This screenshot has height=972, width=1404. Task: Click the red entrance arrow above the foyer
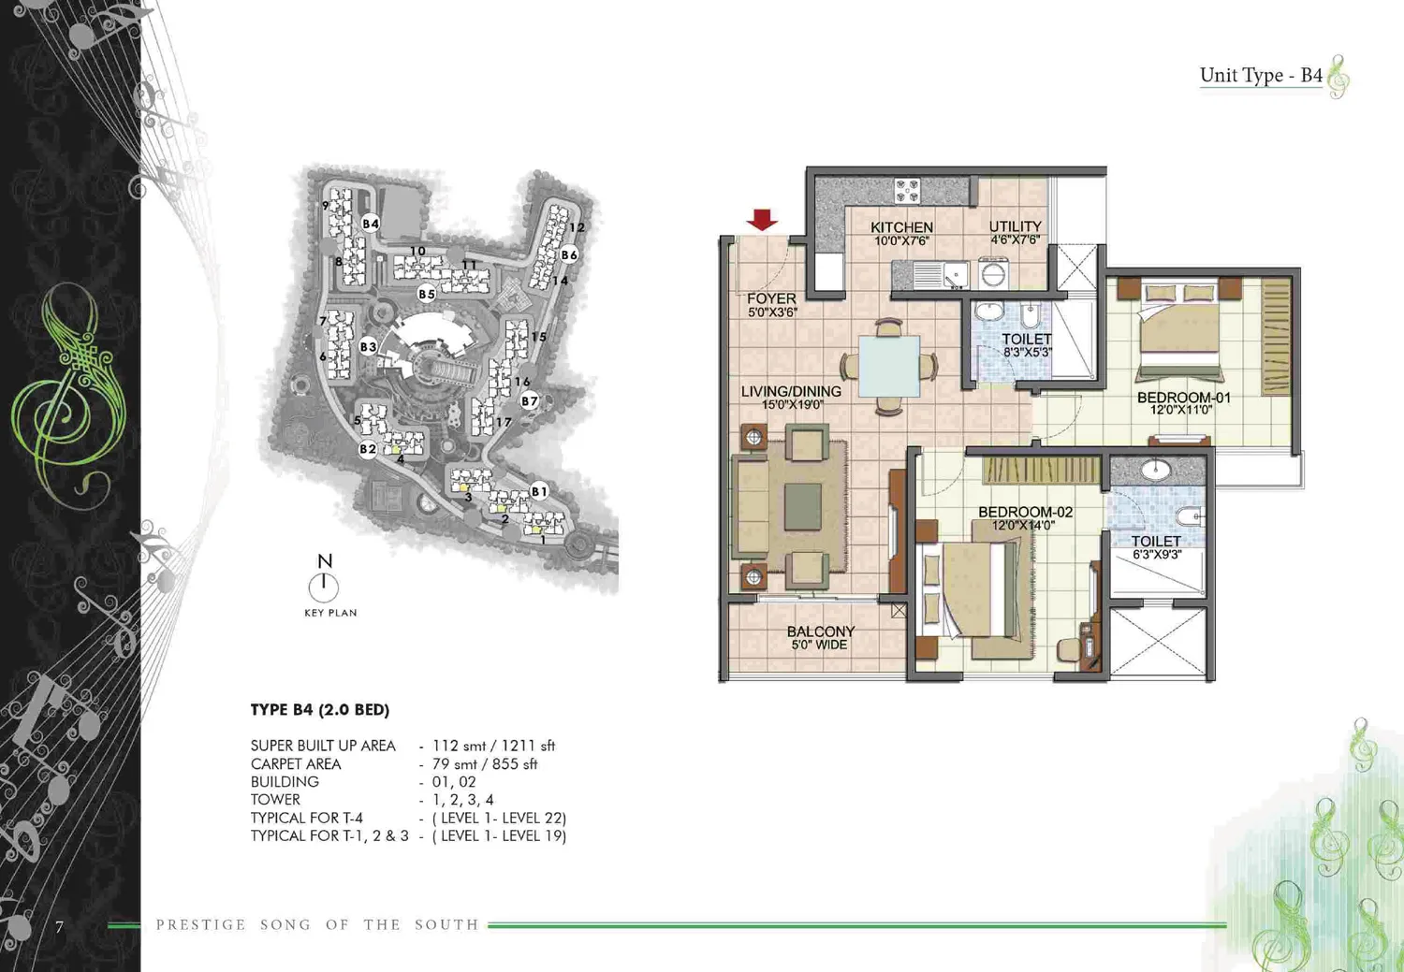[x=762, y=220]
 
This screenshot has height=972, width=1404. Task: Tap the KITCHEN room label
[x=902, y=227]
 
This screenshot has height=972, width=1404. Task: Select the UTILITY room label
[x=1015, y=226]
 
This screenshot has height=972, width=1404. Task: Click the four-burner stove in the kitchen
[x=907, y=191]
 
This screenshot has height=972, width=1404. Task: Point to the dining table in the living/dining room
[x=889, y=366]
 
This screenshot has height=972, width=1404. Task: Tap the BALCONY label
[x=821, y=631]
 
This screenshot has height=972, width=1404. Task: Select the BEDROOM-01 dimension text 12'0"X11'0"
[x=1181, y=410]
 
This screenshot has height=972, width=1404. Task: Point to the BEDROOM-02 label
[x=1026, y=513]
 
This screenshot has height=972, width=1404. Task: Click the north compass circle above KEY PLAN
[x=324, y=588]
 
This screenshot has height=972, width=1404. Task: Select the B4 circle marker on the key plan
[x=371, y=224]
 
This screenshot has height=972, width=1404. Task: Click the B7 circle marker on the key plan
[x=530, y=401]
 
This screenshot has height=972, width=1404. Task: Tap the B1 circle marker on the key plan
[x=539, y=492]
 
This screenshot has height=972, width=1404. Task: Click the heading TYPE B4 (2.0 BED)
[x=320, y=709]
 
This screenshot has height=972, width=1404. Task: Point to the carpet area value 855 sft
[x=515, y=764]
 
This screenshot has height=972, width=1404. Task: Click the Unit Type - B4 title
[x=1261, y=75]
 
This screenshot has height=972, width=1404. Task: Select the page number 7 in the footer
[x=59, y=927]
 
